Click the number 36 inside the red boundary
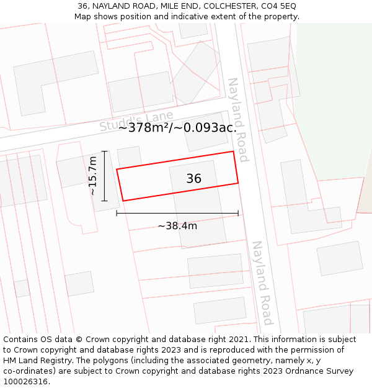click(x=193, y=179)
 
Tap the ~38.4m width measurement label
click(x=177, y=226)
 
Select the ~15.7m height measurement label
click(x=93, y=176)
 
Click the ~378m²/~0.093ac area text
click(x=175, y=128)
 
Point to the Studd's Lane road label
click(x=136, y=120)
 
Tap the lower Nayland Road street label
click(x=262, y=282)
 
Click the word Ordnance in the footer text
click(x=295, y=371)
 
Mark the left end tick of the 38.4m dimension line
click(x=117, y=214)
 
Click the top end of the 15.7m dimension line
click(x=104, y=151)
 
